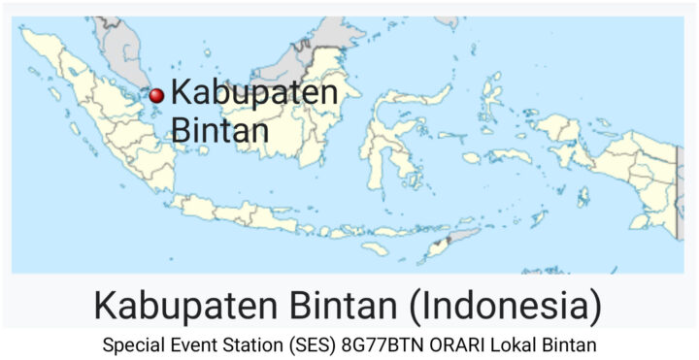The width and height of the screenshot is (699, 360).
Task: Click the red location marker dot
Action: pos(155,95)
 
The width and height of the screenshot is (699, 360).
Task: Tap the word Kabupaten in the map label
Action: pos(254,94)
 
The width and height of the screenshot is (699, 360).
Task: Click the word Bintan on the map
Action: pos(219,129)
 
